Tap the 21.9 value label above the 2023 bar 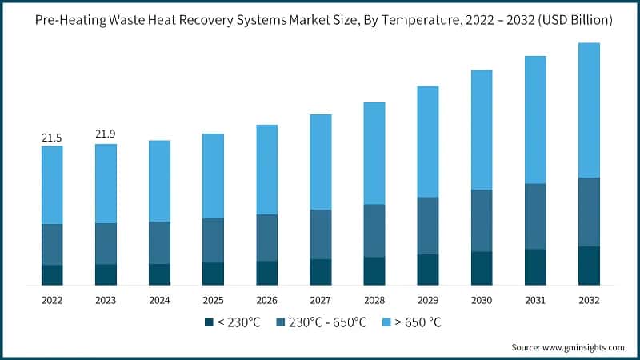pos(106,134)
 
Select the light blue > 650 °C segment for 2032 pos(589,110)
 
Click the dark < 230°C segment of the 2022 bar pos(52,274)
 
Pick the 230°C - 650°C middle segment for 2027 pos(321,234)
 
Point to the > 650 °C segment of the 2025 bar pos(213,175)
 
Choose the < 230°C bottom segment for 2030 pos(482,268)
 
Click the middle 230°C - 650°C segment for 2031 pos(535,216)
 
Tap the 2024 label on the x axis pos(159,300)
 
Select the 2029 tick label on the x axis pos(428,300)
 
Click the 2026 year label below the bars pos(266,300)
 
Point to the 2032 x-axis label pos(589,300)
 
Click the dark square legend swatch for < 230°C pos(209,322)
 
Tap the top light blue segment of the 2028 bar pos(374,153)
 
